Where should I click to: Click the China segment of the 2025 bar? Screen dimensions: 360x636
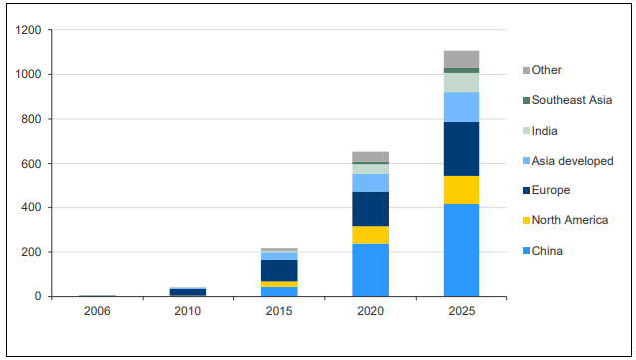pos(462,250)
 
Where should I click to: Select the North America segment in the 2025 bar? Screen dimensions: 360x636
pos(462,189)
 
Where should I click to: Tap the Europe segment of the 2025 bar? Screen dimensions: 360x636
pos(462,148)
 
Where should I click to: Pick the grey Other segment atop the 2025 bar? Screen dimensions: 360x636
pos(462,59)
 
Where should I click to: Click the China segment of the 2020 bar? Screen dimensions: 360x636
pos(370,270)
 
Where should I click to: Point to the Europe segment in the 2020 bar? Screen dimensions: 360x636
pos(370,209)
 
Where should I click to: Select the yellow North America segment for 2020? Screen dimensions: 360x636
pos(370,235)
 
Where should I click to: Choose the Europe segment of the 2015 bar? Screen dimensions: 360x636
pos(279,270)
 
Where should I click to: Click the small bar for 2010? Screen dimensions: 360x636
pos(187,292)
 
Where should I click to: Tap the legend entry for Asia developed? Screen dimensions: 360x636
pos(572,161)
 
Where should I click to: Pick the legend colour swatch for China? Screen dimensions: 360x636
pos(526,251)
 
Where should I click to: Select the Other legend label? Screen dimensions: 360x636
pos(547,70)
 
